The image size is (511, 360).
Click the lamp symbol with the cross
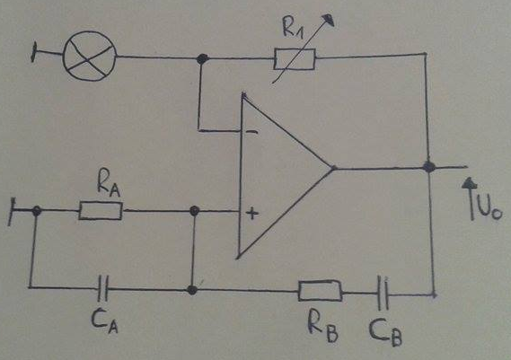click(89, 56)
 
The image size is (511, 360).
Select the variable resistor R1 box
click(295, 59)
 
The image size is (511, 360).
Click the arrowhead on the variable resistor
click(329, 20)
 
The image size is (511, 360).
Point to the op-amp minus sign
click(251, 132)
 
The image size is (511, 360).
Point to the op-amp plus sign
click(252, 214)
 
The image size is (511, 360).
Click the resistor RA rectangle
click(101, 211)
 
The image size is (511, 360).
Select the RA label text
click(109, 186)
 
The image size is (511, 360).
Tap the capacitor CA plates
click(103, 288)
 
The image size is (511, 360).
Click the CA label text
click(104, 320)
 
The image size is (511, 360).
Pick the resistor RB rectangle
click(321, 290)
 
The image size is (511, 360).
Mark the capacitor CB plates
click(383, 293)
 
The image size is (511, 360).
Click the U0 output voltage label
click(489, 209)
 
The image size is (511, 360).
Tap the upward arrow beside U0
click(471, 198)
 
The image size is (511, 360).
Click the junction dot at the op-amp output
click(429, 167)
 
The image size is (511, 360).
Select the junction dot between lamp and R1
click(202, 59)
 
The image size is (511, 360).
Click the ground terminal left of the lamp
click(33, 52)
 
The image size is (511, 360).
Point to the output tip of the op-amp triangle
click(334, 168)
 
